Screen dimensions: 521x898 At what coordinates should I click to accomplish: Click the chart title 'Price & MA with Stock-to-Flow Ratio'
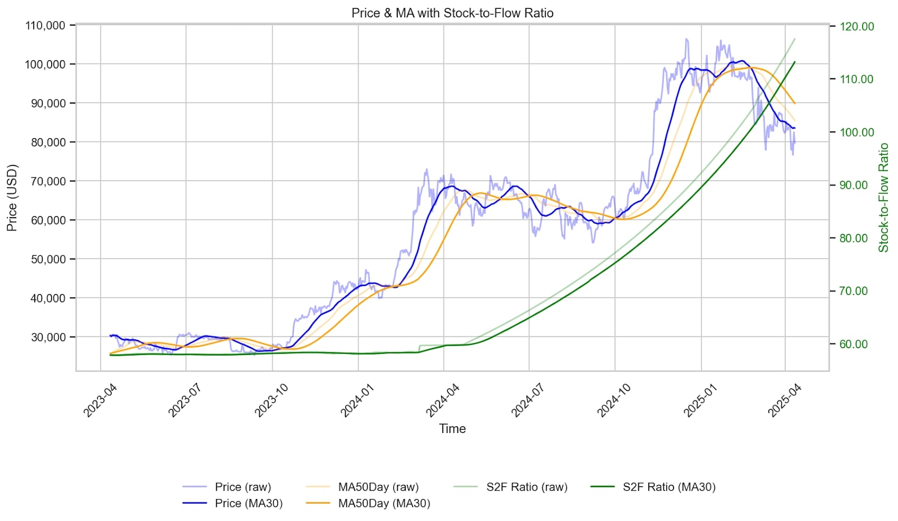(452, 13)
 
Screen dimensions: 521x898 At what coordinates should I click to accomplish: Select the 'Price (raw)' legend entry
(242, 487)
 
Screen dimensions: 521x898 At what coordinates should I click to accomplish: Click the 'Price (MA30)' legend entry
(248, 503)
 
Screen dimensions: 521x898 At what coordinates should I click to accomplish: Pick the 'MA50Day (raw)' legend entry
(378, 487)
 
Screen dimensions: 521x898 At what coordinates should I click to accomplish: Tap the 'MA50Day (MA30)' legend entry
(383, 503)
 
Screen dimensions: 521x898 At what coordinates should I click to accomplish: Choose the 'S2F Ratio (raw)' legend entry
(526, 487)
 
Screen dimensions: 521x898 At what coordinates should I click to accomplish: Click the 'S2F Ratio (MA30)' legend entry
(668, 487)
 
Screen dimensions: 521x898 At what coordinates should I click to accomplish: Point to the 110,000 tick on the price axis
(45, 25)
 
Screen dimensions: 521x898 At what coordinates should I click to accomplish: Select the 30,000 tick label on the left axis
(48, 337)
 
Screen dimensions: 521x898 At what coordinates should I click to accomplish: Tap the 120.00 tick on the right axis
(856, 26)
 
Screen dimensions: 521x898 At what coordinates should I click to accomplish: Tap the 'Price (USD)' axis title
(12, 197)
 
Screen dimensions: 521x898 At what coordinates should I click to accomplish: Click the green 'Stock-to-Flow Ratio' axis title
(884, 197)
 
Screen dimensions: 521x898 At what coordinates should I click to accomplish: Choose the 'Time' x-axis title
(452, 428)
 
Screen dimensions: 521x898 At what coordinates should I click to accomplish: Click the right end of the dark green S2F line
(795, 62)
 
